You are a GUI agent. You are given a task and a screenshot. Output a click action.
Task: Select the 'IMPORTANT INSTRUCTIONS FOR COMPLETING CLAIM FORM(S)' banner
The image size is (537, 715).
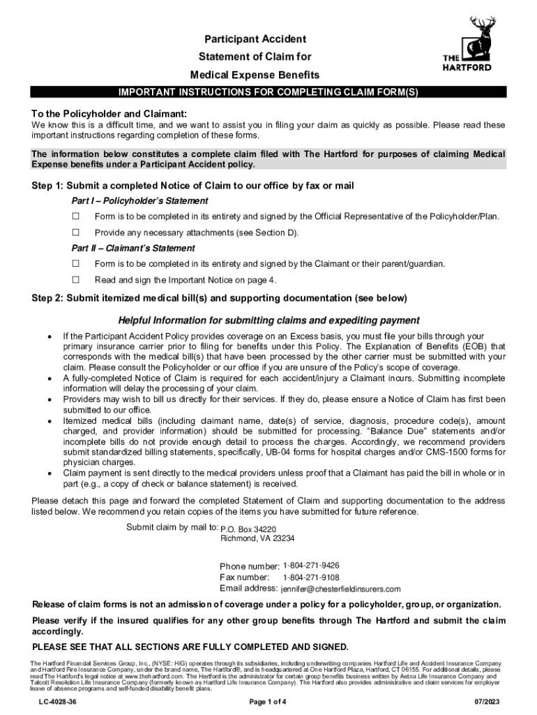pyautogui.click(x=268, y=92)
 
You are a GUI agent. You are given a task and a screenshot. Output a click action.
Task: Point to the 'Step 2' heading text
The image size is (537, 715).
pyautogui.click(x=218, y=298)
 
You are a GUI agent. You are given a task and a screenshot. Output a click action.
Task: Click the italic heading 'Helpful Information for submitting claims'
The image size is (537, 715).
pyautogui.click(x=268, y=320)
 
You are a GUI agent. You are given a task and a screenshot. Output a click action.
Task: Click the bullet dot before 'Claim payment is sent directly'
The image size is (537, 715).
pyautogui.click(x=48, y=474)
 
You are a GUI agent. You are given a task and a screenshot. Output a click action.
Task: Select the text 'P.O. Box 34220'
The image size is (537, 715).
pyautogui.click(x=248, y=529)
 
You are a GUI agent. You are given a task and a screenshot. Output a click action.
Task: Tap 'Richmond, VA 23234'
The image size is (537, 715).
pyautogui.click(x=257, y=538)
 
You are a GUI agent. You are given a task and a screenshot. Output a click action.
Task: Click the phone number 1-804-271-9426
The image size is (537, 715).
pyautogui.click(x=311, y=565)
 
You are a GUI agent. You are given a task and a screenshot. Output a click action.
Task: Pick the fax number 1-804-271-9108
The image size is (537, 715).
pyautogui.click(x=311, y=577)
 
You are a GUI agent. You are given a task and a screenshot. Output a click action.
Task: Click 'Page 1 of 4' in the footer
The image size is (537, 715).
pyautogui.click(x=268, y=700)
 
